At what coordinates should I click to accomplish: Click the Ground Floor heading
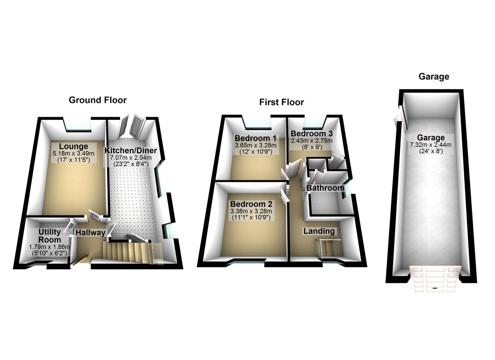point(98,100)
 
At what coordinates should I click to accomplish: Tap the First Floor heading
point(281,102)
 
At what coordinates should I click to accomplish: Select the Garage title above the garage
point(434,77)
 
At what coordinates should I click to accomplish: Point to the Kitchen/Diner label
point(131,151)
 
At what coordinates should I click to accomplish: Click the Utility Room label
point(49,235)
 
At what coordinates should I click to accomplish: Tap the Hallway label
point(90,232)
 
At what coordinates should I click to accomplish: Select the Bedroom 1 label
point(256,138)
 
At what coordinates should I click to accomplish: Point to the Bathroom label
point(325,188)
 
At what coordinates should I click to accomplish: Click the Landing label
point(319,231)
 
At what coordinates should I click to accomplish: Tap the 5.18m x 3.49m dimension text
point(73,154)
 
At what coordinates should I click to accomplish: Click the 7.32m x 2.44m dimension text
point(430,145)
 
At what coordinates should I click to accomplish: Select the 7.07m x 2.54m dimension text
point(131,158)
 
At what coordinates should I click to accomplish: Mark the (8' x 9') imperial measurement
point(311,147)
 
